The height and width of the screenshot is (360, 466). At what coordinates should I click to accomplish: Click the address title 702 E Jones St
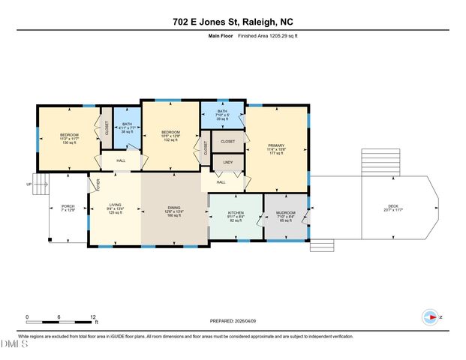pos(233,22)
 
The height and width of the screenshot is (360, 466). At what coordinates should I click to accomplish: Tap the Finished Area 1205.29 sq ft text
pos(267,35)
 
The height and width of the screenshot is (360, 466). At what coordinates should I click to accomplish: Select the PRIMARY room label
pos(275,147)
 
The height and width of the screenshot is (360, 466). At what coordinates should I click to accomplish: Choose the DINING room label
pos(173,209)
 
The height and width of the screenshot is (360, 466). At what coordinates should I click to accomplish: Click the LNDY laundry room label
pos(228,163)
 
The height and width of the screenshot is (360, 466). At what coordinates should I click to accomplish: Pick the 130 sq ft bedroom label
pos(69,139)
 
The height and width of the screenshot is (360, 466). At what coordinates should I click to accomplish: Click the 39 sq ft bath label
pos(222,115)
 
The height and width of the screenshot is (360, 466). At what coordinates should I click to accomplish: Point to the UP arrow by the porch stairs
pos(29,184)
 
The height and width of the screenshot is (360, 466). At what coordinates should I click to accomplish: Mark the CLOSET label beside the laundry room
pos(227,141)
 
